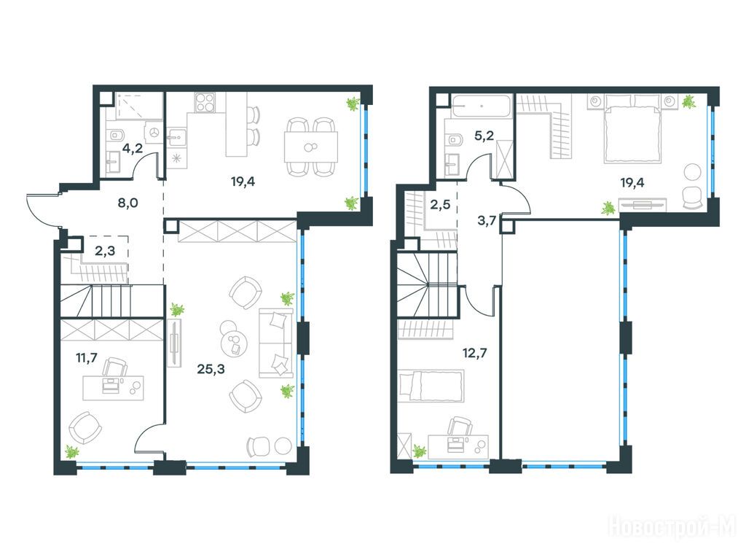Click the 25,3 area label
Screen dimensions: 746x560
[x=211, y=368]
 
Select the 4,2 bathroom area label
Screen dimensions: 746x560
[x=133, y=147]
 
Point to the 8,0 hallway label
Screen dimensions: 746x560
[x=128, y=203]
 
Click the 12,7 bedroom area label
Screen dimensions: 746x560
[x=475, y=353]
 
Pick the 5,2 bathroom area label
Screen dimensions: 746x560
[x=484, y=136]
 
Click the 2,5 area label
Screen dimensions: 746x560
[x=440, y=205]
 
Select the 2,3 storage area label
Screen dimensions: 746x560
[x=105, y=251]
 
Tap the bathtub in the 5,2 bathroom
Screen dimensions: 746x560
[x=482, y=106]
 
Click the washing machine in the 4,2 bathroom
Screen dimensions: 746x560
[x=154, y=133]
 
